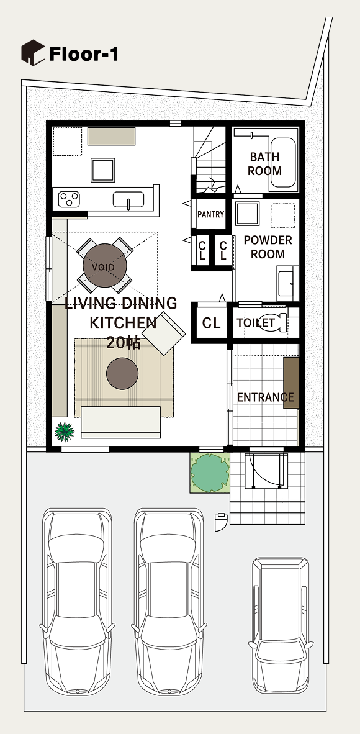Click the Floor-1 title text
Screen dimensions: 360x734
[83, 54]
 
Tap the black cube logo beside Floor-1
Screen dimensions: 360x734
[33, 52]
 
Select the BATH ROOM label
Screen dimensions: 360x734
[264, 164]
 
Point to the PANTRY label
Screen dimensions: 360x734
[210, 214]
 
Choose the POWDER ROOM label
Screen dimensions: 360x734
[268, 247]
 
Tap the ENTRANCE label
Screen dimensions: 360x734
[266, 397]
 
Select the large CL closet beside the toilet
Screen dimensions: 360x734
[211, 323]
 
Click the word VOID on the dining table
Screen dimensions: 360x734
[103, 267]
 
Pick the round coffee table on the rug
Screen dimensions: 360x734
[122, 374]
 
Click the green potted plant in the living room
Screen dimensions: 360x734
[64, 431]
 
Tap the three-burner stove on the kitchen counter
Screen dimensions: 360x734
[69, 199]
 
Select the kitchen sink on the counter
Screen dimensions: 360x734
[128, 200]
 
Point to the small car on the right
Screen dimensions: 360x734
[281, 627]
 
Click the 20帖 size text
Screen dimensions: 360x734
[123, 343]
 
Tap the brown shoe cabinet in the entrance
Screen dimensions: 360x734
[290, 383]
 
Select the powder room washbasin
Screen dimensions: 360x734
[287, 284]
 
